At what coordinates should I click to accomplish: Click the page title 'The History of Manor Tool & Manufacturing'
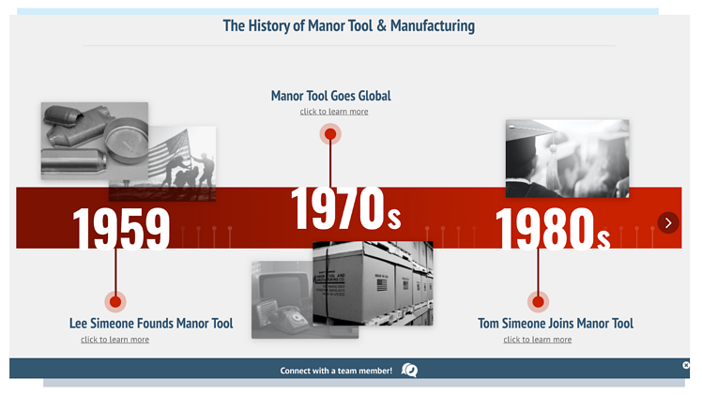[348, 25]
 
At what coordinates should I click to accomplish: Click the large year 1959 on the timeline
[121, 228]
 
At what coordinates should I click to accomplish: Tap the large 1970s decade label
[345, 208]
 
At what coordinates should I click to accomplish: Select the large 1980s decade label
[553, 228]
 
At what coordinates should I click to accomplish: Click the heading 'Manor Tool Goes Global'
[330, 96]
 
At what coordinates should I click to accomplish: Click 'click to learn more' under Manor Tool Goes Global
[334, 112]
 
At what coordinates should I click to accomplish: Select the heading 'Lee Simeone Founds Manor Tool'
[151, 324]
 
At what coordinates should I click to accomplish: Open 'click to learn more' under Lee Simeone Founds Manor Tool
[114, 340]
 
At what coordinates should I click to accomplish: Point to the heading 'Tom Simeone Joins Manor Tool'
[556, 324]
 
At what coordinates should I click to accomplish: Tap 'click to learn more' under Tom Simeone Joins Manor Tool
[537, 340]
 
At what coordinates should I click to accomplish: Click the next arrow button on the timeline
[667, 222]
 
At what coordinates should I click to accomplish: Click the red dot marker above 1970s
[330, 134]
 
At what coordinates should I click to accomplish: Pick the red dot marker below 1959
[115, 301]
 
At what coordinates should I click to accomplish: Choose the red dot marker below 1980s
[538, 301]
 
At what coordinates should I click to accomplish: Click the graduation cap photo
[567, 158]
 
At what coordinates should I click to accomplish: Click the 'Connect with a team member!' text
[336, 371]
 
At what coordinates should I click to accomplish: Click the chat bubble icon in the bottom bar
[409, 371]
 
